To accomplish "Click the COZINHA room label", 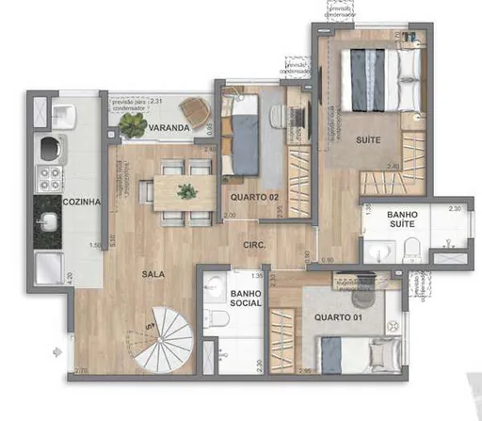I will pos(82,202).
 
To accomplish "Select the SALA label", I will pos(156,274).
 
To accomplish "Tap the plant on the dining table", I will pos(187,191).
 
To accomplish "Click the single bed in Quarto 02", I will pos(246,137).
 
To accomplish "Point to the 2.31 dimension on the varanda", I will pos(157,101).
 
